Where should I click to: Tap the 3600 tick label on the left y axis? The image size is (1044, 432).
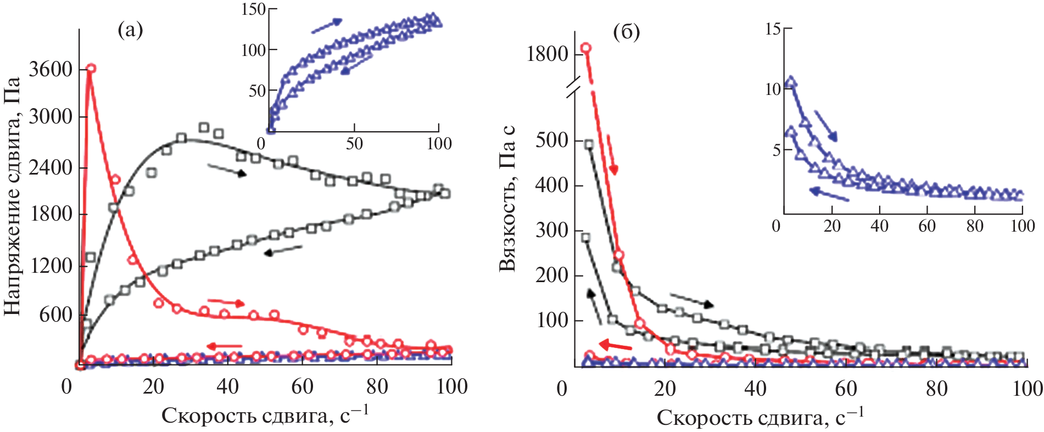point(51,70)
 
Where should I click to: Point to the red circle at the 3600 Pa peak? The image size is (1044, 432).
point(91,68)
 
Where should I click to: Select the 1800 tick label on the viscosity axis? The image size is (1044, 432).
point(547,54)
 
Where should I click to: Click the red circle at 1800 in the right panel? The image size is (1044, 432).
point(586,48)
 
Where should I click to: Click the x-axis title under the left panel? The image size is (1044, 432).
point(265,416)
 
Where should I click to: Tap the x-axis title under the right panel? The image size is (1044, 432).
point(760,417)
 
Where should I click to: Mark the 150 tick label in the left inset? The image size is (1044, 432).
point(253,9)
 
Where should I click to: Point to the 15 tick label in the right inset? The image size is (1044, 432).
point(773,29)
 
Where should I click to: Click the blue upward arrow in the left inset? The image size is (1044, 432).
point(327,25)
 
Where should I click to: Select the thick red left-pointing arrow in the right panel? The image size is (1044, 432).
point(615,345)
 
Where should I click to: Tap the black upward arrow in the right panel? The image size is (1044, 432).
point(594,305)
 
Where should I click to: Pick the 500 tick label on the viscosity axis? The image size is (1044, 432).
point(552,141)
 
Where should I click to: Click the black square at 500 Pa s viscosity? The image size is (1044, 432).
point(589,144)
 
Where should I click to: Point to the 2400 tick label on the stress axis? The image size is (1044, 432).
point(51,167)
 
